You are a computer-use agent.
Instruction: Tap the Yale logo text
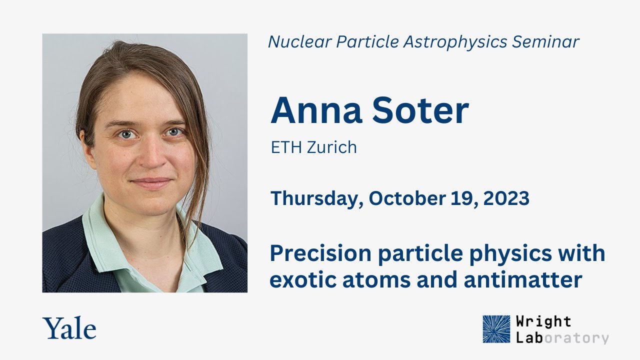69,329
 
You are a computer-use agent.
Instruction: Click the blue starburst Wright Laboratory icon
496,329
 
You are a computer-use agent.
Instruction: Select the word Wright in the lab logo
544,321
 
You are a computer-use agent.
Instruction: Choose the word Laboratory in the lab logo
563,337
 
